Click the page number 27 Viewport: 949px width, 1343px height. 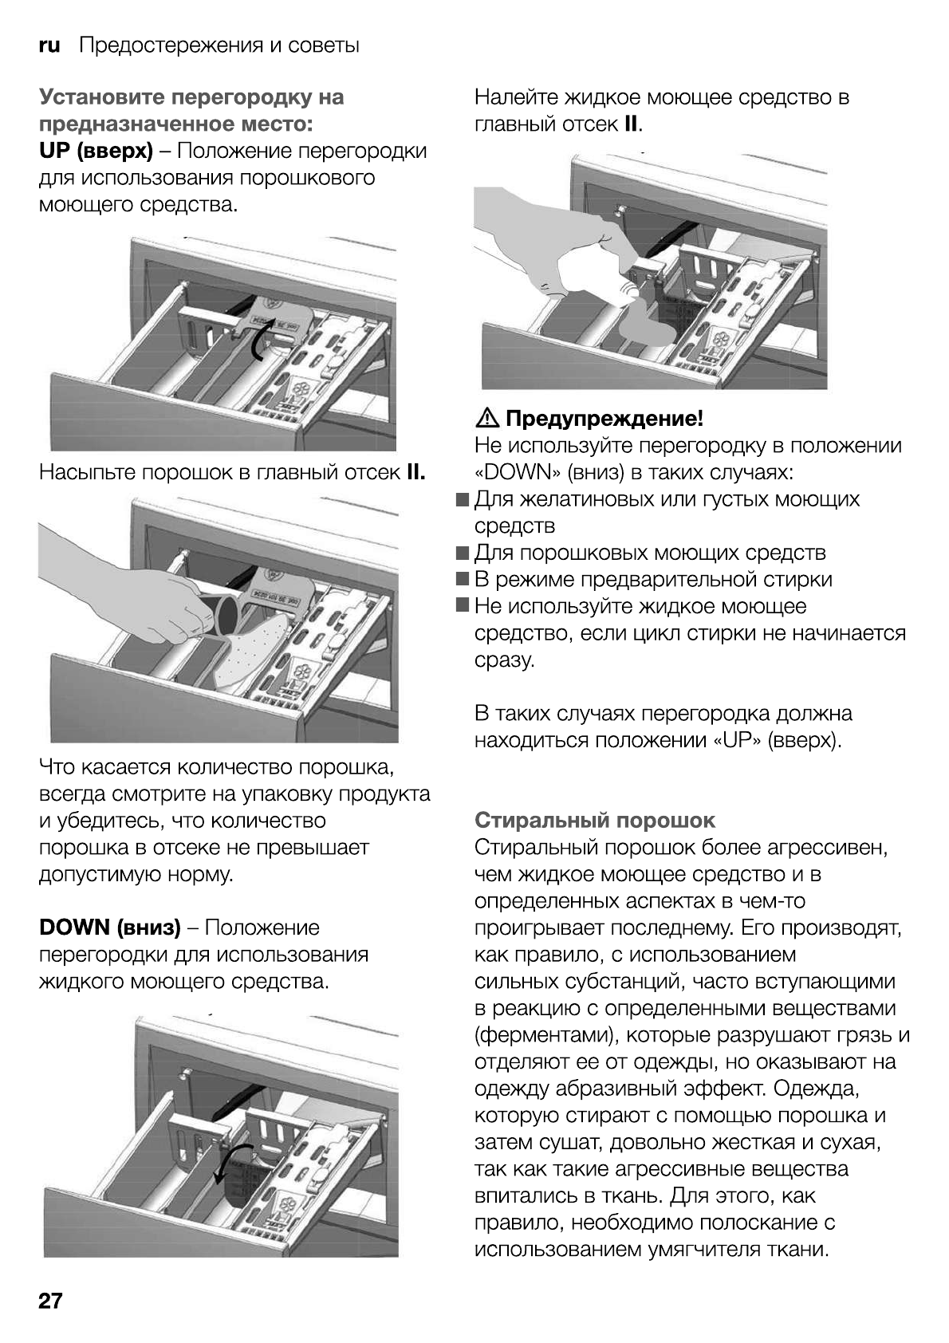(51, 1301)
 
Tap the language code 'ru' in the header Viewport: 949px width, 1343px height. (49, 45)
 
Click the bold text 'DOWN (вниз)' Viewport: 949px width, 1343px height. (110, 927)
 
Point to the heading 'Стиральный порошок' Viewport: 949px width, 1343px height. (595, 820)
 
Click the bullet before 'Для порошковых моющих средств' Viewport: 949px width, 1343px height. (463, 553)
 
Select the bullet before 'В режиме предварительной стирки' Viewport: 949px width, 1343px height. (463, 580)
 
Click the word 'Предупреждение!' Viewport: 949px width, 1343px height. (604, 418)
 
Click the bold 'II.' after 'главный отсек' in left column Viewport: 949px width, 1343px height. (415, 472)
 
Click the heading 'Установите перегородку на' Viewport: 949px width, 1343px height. (191, 97)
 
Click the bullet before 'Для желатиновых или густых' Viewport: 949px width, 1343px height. (463, 499)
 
